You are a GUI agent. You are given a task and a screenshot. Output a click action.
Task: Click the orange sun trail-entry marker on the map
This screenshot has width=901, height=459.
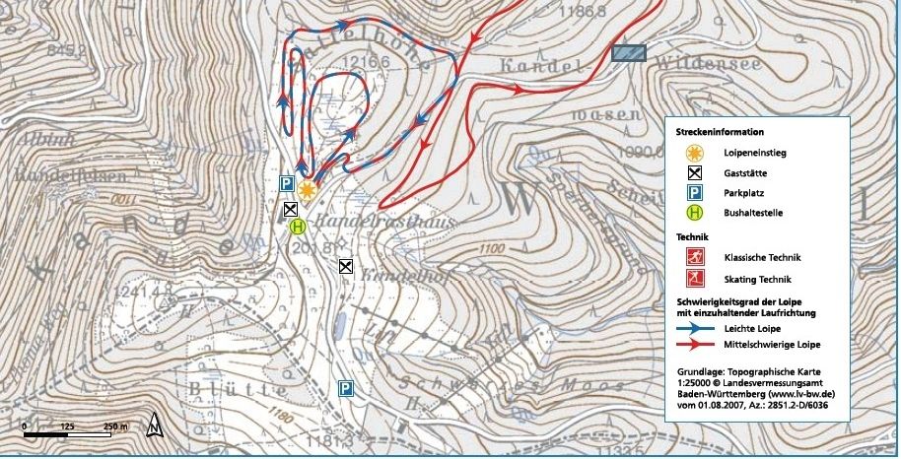pos(309,190)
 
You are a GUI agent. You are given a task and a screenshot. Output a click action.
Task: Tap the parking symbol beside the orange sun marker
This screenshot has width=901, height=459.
pos(286,183)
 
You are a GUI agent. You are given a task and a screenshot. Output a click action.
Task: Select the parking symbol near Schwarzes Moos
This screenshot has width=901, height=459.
pos(346,388)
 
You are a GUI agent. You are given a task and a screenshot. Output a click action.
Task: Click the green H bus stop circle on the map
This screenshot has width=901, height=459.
pos(299,226)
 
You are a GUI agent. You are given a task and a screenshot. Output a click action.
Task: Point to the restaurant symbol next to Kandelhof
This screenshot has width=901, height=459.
pos(346,266)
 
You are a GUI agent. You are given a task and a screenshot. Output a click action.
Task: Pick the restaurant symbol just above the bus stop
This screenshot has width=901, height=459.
pos(290,209)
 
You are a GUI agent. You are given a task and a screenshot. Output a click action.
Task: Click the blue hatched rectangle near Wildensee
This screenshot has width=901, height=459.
pos(628,54)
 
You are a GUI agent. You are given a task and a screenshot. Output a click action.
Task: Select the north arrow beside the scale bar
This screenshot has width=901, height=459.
pos(153,426)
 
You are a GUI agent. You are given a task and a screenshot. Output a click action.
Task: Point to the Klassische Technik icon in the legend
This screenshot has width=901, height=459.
pos(694,258)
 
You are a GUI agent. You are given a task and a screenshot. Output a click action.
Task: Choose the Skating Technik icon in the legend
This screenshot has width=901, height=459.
pos(694,280)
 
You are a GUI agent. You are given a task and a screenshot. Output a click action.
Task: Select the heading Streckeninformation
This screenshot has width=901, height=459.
pos(720,131)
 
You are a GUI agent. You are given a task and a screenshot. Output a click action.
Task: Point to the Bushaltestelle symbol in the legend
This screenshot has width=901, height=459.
pos(694,212)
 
